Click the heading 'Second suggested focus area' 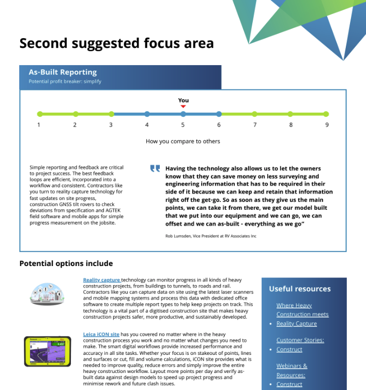(116, 43)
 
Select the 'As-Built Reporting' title (63, 72)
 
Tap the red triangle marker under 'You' (183, 106)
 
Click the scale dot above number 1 (39, 114)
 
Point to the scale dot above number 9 (326, 114)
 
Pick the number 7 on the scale (254, 124)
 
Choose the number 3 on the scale (111, 124)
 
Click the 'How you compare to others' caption (182, 141)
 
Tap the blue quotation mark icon (155, 169)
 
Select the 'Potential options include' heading (66, 263)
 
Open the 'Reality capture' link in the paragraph (101, 280)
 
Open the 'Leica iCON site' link (101, 334)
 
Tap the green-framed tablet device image (47, 351)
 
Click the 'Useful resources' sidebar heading (300, 289)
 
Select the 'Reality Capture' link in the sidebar (297, 323)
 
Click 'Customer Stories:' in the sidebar (300, 340)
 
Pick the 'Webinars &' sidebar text (292, 366)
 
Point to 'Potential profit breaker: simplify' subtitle (65, 82)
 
